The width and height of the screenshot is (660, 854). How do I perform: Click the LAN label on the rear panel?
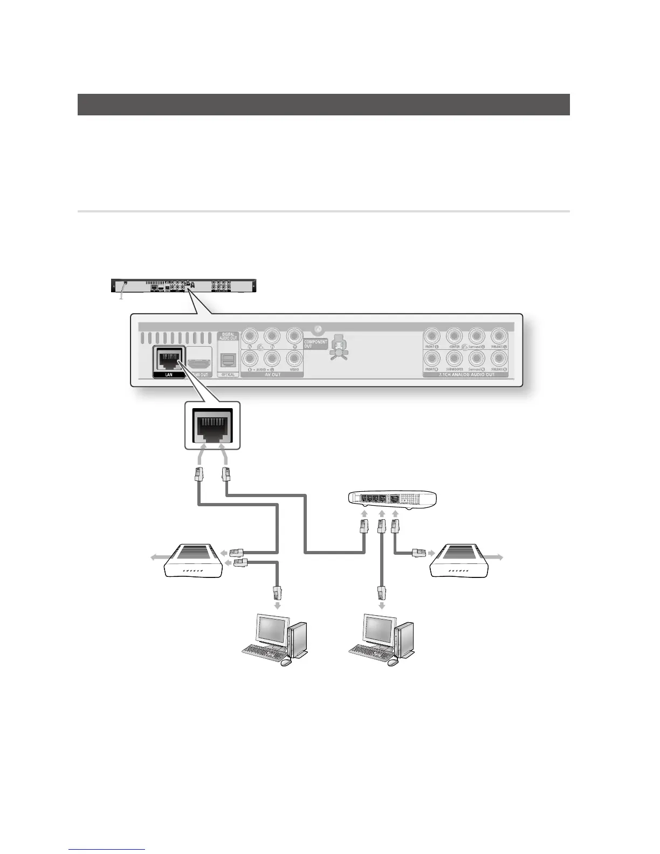168,374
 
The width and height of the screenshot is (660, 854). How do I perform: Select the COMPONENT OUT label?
315,343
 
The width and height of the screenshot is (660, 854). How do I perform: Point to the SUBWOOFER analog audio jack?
454,357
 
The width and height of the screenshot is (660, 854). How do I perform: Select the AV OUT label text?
273,374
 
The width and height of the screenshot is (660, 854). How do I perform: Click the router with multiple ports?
392,499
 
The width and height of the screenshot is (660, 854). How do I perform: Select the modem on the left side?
192,561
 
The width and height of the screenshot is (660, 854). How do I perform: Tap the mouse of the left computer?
285,663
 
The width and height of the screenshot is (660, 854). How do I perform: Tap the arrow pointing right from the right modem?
497,557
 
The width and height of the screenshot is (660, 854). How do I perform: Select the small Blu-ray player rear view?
184,285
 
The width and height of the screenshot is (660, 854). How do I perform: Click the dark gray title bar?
324,105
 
